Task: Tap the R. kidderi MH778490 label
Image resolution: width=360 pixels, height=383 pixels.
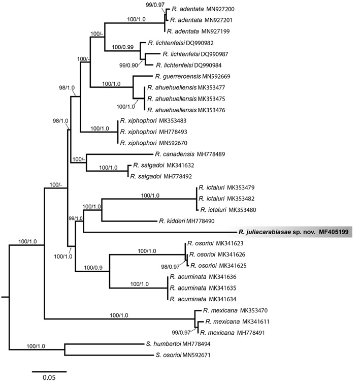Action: (x=186, y=221)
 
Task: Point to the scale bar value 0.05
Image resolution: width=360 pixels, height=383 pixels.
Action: (x=49, y=377)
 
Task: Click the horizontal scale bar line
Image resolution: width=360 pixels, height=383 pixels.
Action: (x=49, y=372)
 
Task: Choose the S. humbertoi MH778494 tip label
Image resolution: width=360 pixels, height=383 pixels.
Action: (x=178, y=344)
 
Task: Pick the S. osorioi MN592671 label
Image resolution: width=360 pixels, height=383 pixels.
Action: (x=183, y=355)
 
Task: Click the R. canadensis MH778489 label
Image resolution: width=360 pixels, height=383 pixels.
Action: (x=190, y=154)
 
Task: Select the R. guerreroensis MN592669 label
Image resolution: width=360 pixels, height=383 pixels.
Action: (x=192, y=77)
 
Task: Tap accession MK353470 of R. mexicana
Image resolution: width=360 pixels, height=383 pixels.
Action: (x=254, y=310)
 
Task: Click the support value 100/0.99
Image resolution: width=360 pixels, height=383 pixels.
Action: (x=122, y=47)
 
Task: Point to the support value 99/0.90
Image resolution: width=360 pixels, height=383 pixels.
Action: (x=128, y=65)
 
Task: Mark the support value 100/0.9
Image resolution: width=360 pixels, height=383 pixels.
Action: (x=93, y=268)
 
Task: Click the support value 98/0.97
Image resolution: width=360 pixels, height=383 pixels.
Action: (x=170, y=267)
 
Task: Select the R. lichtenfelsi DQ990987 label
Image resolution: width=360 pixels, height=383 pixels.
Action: (x=195, y=54)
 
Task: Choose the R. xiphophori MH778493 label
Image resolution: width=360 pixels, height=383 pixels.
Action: (x=153, y=132)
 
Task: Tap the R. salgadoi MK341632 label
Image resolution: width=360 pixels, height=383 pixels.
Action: (x=163, y=166)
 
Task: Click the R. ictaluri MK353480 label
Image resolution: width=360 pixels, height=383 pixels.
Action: (x=228, y=210)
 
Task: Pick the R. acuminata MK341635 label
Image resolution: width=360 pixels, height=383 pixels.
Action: (x=203, y=288)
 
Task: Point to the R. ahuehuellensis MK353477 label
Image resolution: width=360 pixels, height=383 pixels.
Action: (x=186, y=87)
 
